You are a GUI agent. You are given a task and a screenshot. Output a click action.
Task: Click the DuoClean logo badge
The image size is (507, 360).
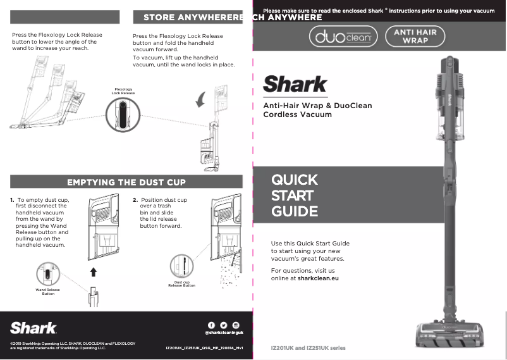click(343, 38)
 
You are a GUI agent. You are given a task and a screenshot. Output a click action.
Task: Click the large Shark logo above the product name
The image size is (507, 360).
click(295, 84)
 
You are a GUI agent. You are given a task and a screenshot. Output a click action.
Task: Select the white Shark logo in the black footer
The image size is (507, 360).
click(34, 328)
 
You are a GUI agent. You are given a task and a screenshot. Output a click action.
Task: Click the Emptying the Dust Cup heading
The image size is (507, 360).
click(126, 182)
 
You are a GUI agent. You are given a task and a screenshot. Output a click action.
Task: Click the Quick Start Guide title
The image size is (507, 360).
click(294, 196)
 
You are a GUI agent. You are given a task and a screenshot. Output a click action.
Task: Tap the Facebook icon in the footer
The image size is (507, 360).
click(211, 325)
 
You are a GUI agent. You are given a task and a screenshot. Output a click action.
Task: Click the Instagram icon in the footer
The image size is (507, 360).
click(236, 325)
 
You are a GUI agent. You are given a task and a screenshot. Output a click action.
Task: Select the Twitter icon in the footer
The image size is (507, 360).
click(223, 325)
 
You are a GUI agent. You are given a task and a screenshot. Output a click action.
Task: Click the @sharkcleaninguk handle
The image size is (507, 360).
click(224, 333)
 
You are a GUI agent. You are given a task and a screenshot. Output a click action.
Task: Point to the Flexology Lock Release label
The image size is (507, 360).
click(123, 91)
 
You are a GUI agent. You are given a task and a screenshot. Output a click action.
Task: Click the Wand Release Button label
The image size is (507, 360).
click(48, 292)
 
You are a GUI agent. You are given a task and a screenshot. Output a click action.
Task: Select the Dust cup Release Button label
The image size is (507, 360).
click(181, 283)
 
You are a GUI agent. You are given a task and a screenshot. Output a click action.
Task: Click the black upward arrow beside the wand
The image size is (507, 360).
click(94, 271)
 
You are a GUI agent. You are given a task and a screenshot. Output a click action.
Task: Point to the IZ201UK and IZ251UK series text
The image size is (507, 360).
click(308, 348)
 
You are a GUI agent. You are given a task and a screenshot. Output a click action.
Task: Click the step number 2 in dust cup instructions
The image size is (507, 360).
click(135, 200)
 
